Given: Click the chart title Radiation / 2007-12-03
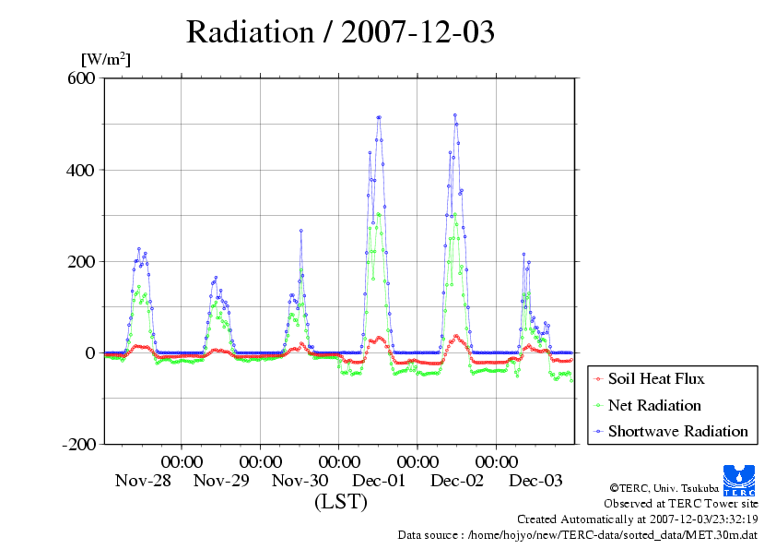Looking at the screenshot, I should pyautogui.click(x=340, y=32).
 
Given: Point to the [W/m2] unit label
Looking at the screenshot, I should pyautogui.click(x=106, y=60).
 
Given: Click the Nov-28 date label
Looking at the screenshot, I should pyautogui.click(x=142, y=480).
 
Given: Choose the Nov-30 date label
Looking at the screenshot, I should pyautogui.click(x=300, y=480).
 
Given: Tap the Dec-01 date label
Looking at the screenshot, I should pyautogui.click(x=379, y=480).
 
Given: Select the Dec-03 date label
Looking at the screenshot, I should pyautogui.click(x=535, y=480).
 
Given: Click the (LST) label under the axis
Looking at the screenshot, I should pyautogui.click(x=340, y=502).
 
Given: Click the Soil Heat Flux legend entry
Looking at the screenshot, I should pyautogui.click(x=655, y=378).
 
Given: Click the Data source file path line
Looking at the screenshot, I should pyautogui.click(x=578, y=534).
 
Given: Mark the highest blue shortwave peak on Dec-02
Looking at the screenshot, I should pyautogui.click(x=455, y=115).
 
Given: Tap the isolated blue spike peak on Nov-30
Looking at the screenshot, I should pyautogui.click(x=300, y=231).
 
